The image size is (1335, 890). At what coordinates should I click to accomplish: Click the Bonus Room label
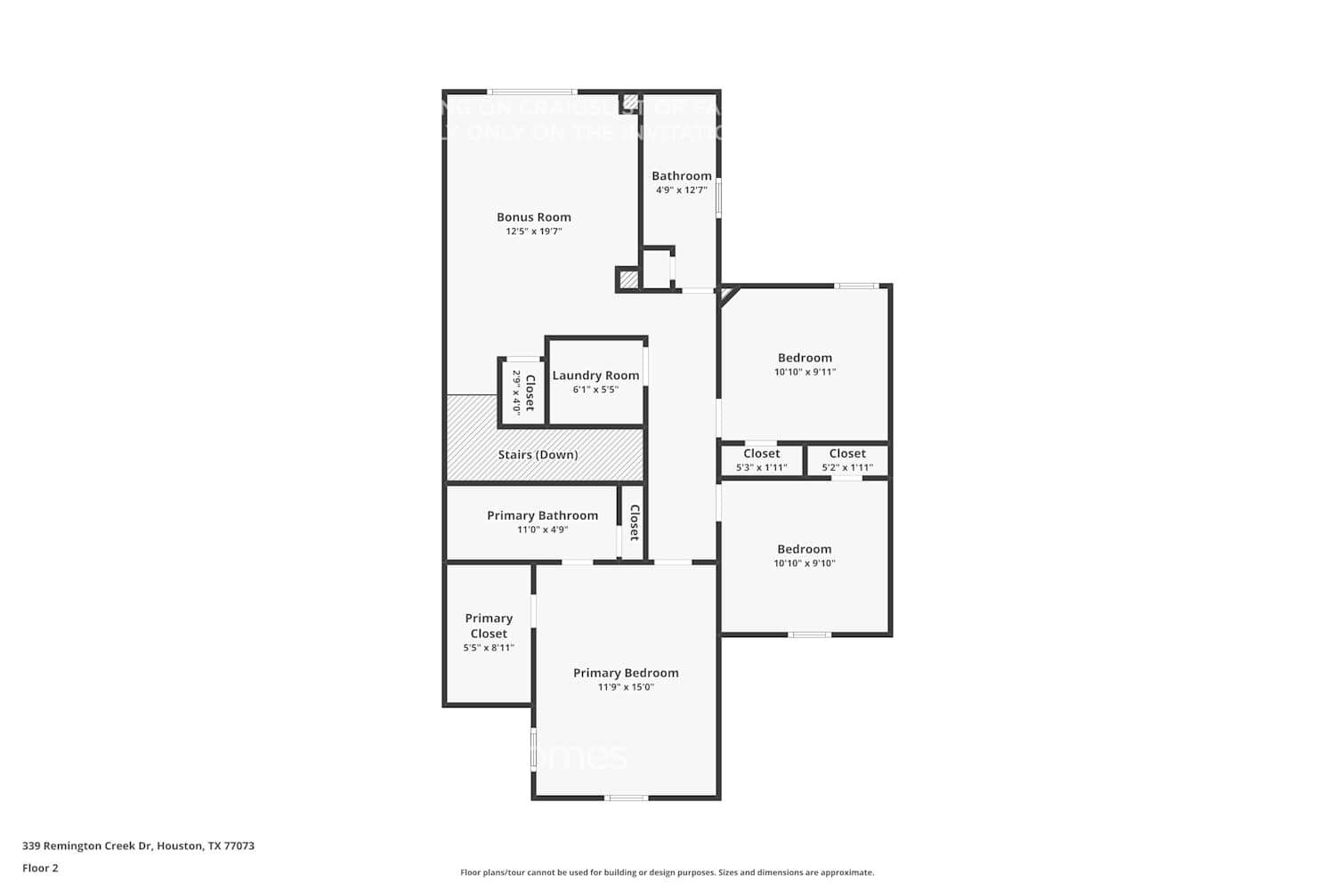(533, 217)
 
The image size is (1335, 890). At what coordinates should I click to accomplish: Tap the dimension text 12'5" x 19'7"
(533, 231)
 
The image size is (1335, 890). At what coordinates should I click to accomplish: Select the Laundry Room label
(595, 376)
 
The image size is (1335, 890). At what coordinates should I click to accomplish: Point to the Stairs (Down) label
(538, 455)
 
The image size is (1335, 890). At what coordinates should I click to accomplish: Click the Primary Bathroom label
(542, 515)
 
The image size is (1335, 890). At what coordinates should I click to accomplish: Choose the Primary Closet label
(489, 626)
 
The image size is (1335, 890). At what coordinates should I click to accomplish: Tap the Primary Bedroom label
(626, 673)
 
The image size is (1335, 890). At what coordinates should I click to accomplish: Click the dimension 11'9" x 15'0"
(626, 687)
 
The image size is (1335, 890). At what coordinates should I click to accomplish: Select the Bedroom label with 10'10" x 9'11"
(805, 358)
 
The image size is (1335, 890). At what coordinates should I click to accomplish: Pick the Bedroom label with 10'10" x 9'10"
(805, 549)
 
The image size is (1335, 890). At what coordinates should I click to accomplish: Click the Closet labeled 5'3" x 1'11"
(761, 454)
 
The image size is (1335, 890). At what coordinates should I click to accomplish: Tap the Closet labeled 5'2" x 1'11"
(847, 454)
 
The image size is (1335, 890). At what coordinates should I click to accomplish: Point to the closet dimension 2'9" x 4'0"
(515, 392)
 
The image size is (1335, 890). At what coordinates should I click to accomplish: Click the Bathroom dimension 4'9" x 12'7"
(681, 190)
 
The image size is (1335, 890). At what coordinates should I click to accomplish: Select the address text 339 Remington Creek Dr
(138, 845)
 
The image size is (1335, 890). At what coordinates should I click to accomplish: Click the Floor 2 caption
(40, 868)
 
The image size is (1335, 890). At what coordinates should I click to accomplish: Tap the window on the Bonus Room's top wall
(532, 92)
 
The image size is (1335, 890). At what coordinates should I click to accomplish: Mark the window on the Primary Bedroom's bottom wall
(626, 797)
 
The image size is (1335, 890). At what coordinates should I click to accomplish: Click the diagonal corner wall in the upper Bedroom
(729, 295)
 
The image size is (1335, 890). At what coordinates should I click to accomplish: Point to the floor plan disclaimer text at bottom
(667, 872)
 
